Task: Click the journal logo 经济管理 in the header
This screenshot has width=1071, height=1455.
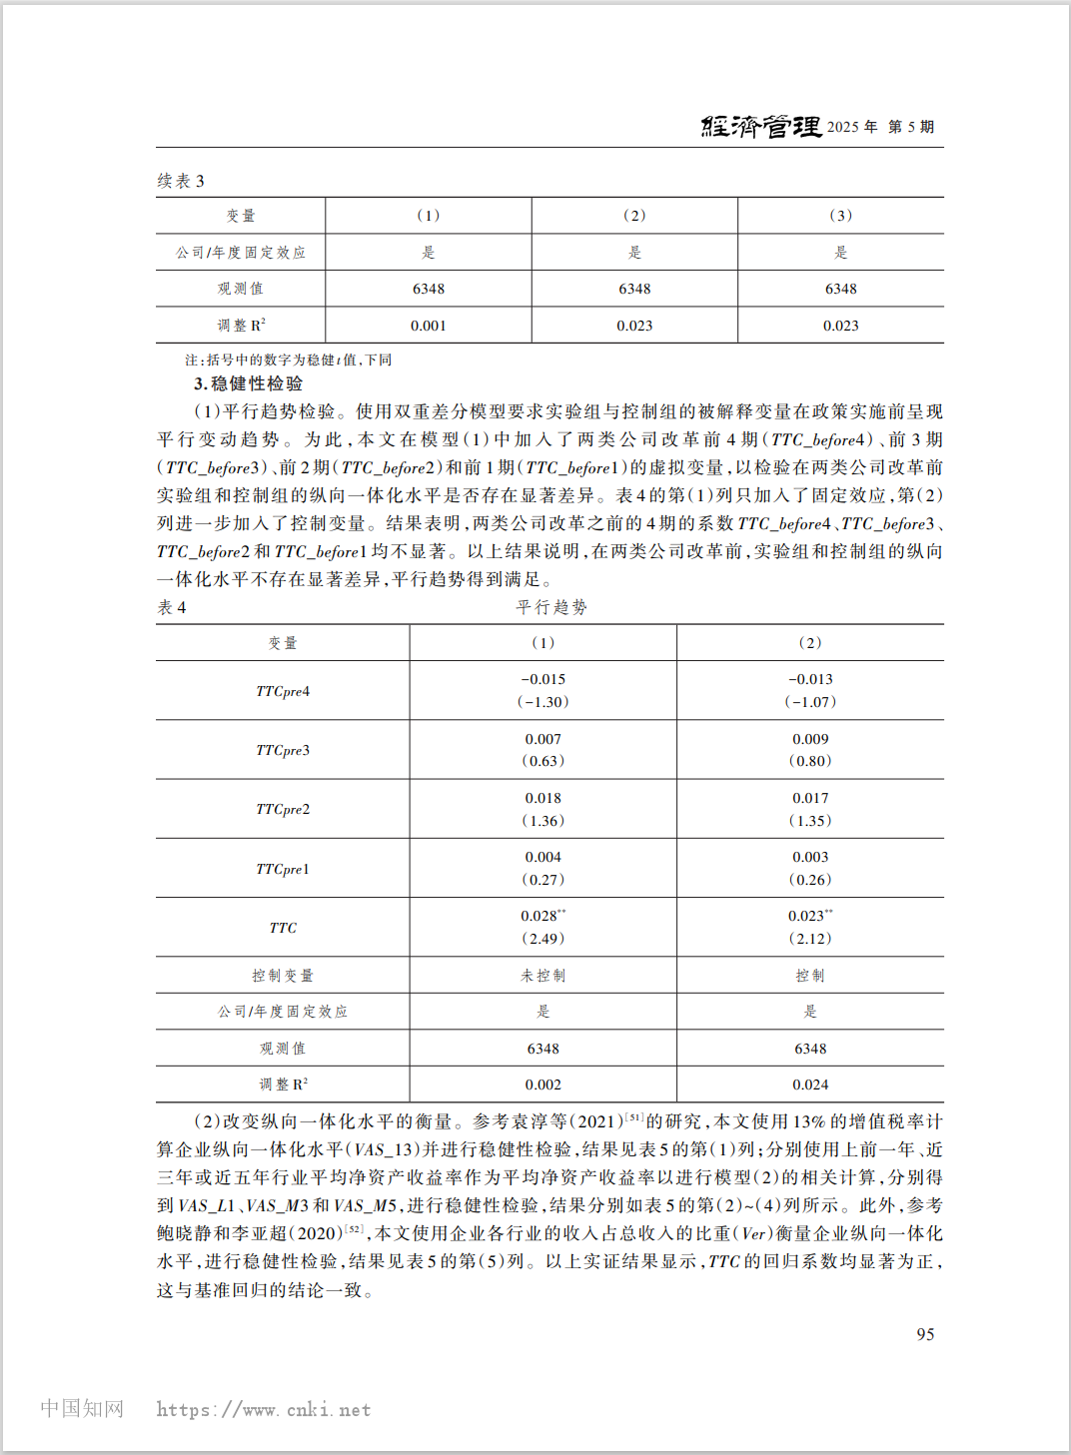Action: (x=761, y=126)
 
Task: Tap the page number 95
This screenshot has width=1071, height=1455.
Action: (x=925, y=1334)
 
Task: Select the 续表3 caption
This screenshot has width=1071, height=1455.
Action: (x=181, y=181)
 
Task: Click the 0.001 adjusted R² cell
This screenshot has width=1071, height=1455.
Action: (x=429, y=326)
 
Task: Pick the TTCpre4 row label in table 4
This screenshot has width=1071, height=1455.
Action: (x=283, y=691)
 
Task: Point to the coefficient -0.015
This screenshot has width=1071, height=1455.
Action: (x=542, y=679)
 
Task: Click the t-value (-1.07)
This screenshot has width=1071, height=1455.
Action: (x=810, y=702)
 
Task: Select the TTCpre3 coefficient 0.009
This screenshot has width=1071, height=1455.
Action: (x=810, y=739)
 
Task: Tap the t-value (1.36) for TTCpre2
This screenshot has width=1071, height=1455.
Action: (x=542, y=821)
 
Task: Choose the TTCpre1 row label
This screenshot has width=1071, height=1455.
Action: (x=283, y=869)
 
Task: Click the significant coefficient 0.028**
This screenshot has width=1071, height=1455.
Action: (x=542, y=916)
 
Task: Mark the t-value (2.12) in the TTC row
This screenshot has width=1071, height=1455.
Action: (x=810, y=939)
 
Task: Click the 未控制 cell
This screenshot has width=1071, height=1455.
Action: (x=542, y=976)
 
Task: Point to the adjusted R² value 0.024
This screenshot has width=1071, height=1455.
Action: (x=810, y=1085)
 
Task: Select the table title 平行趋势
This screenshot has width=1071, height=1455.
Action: (x=551, y=607)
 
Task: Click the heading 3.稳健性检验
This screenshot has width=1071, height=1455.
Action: (x=249, y=383)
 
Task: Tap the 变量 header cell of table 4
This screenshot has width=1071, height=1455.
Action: (x=283, y=643)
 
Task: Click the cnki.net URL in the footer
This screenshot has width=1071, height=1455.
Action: (x=264, y=1410)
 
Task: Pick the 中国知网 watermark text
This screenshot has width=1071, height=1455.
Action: (x=82, y=1408)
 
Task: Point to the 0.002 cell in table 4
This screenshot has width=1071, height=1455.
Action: (x=542, y=1085)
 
